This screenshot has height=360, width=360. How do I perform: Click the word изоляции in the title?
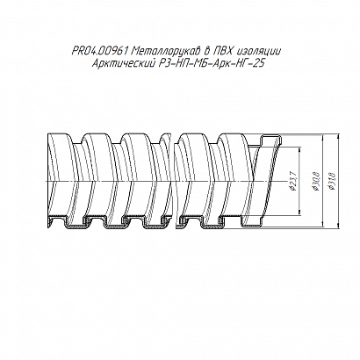[x=259, y=52]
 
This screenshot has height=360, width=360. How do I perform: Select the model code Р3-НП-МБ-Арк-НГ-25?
[x=210, y=63]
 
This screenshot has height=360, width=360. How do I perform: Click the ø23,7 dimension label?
[x=294, y=182]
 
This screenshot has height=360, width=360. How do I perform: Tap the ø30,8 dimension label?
[x=317, y=182]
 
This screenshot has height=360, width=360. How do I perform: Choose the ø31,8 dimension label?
[x=333, y=182]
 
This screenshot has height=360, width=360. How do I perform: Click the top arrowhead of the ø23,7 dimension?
[x=299, y=149]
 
